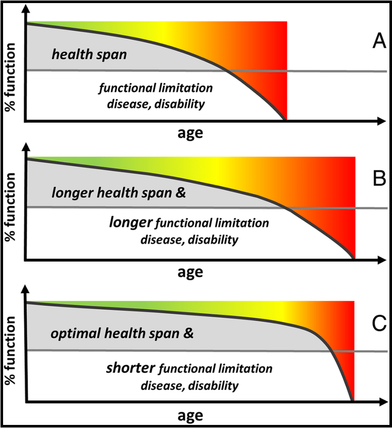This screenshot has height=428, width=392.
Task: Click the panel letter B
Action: click(378, 179)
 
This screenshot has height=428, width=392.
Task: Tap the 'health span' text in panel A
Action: click(89, 54)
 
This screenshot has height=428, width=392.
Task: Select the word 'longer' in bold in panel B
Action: click(131, 222)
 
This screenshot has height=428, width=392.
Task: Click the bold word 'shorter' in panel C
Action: click(131, 368)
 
